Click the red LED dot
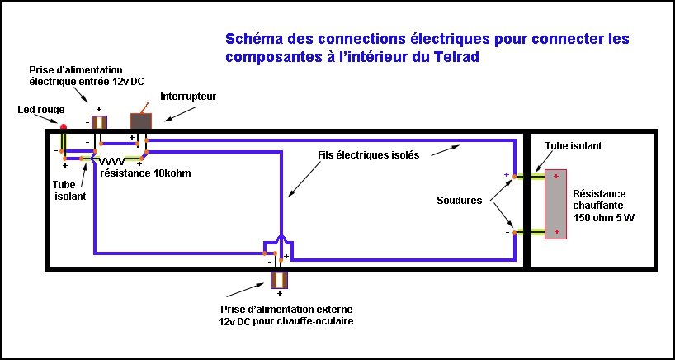click(x=63, y=126)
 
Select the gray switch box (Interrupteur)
click(x=142, y=121)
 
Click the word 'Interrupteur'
click(x=187, y=97)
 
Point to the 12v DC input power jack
click(x=99, y=123)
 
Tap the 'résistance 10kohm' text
click(x=145, y=173)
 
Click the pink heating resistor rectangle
click(x=556, y=203)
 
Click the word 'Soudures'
click(x=460, y=200)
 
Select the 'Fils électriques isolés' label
click(x=368, y=154)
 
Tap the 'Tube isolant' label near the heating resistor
click(x=573, y=145)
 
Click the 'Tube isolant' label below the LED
click(x=69, y=191)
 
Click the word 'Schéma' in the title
click(x=251, y=39)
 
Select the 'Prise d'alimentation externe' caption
click(x=281, y=315)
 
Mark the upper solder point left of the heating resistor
click(x=513, y=177)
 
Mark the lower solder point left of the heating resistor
click(x=513, y=233)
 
